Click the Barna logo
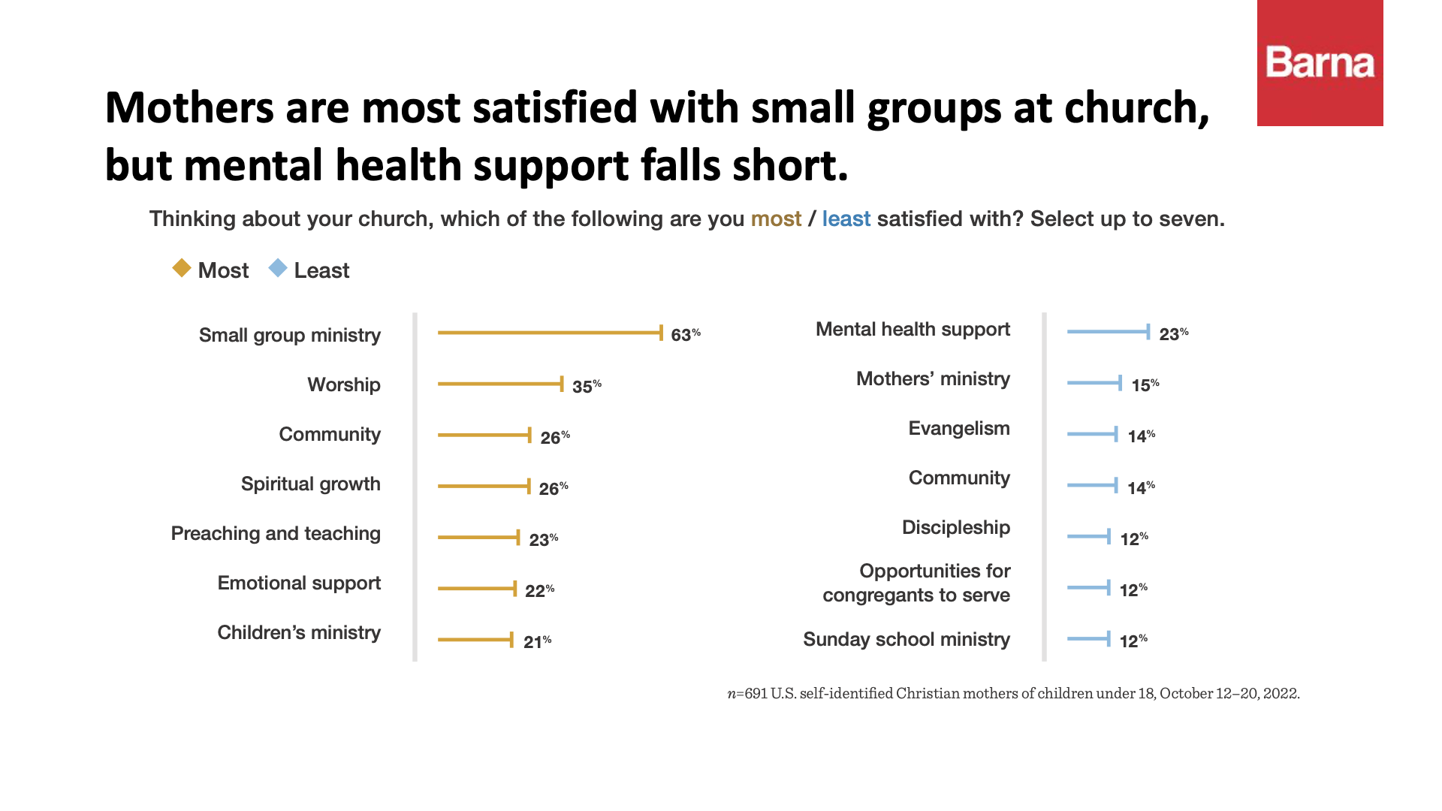click(x=1320, y=63)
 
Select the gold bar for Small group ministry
click(x=550, y=333)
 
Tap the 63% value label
click(x=685, y=335)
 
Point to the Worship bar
click(x=500, y=384)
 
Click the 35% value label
click(x=586, y=387)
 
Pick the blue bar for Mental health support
click(x=1109, y=331)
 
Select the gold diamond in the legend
click(x=182, y=268)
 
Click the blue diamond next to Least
click(x=278, y=268)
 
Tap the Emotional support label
click(x=299, y=583)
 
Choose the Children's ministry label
click(x=299, y=632)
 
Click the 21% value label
click(x=537, y=642)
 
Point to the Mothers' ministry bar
click(x=1094, y=383)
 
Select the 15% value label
click(x=1145, y=385)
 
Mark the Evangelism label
click(x=959, y=428)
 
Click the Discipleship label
click(x=956, y=527)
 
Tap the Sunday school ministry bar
click(x=1089, y=639)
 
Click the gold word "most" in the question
click(x=776, y=219)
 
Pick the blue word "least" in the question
click(x=846, y=219)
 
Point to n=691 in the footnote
click(x=747, y=694)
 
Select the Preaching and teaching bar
click(x=478, y=537)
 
